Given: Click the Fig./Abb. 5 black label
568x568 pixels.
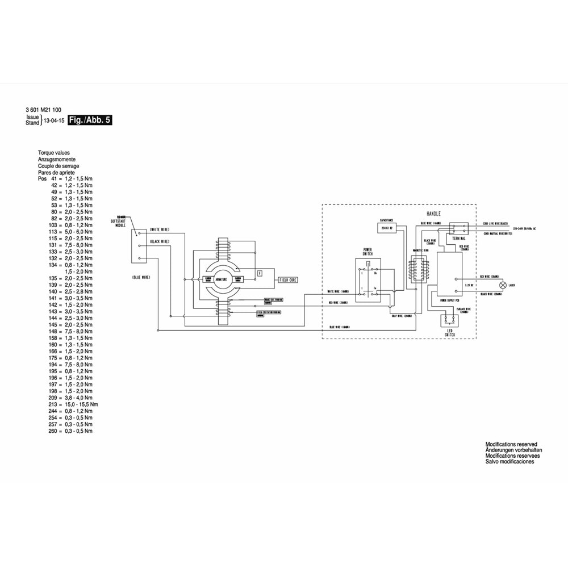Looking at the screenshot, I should pyautogui.click(x=89, y=120).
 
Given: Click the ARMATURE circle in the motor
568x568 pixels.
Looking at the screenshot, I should pyautogui.click(x=222, y=279).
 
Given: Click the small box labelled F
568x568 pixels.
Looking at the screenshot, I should pyautogui.click(x=260, y=273).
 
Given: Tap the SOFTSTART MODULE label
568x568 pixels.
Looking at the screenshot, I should pyautogui.click(x=120, y=223).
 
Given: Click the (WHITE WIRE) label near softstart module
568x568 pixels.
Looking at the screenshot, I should pyautogui.click(x=160, y=229).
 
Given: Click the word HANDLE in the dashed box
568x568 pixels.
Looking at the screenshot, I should pyautogui.click(x=433, y=214).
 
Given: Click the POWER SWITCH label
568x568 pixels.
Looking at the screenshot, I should pyautogui.click(x=367, y=251).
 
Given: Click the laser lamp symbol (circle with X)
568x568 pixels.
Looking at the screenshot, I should pyautogui.click(x=502, y=285).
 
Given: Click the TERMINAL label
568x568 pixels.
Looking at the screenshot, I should pyautogui.click(x=459, y=239).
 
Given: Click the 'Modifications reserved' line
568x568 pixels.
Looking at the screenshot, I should pyautogui.click(x=511, y=444).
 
